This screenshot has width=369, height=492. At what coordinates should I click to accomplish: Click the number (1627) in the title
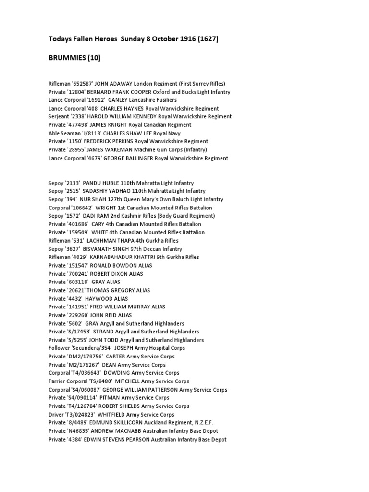[205, 39]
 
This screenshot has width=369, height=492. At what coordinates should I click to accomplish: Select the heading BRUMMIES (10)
[74, 58]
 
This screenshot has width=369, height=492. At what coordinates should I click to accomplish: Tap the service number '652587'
[83, 84]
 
